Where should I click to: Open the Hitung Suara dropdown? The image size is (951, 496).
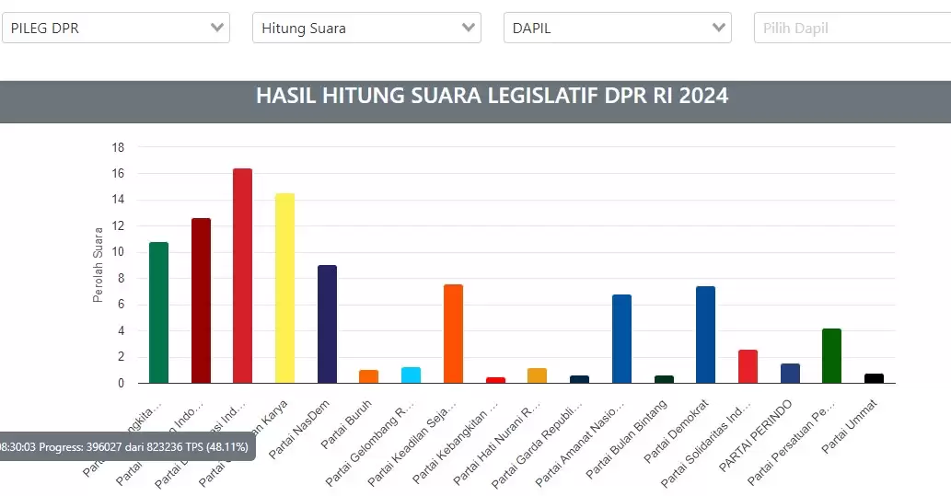click(x=366, y=28)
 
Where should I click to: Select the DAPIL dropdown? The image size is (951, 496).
click(x=617, y=28)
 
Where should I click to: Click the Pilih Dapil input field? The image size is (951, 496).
click(x=852, y=28)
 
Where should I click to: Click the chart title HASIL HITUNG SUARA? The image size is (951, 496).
click(x=492, y=96)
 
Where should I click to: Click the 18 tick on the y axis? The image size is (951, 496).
click(x=118, y=147)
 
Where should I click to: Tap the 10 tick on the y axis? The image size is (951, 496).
click(x=118, y=252)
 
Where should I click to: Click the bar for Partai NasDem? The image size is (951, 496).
click(x=327, y=324)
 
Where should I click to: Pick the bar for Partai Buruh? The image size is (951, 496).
click(x=368, y=376)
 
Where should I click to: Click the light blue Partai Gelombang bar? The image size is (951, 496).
click(x=411, y=375)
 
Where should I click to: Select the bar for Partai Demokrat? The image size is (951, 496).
click(x=705, y=335)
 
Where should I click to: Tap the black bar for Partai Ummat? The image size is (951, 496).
click(x=874, y=378)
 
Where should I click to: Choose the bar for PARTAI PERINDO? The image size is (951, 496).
click(x=790, y=373)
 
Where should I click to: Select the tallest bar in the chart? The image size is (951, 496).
click(x=242, y=276)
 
